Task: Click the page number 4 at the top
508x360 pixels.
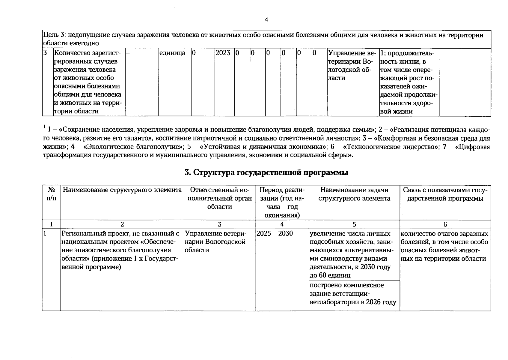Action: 266,20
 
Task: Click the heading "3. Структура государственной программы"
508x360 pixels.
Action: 266,173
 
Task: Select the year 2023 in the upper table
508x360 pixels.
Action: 223,53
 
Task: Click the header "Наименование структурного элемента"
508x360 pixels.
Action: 122,190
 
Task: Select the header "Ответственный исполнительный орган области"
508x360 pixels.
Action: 220,198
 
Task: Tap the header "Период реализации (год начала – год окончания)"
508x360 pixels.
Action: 282,202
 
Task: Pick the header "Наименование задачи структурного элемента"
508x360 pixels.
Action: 354,194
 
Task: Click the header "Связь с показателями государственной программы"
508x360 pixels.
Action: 445,194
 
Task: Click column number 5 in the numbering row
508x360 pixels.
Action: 354,224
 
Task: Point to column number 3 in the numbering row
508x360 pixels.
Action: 220,224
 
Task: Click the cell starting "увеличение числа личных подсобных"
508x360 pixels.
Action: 350,254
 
